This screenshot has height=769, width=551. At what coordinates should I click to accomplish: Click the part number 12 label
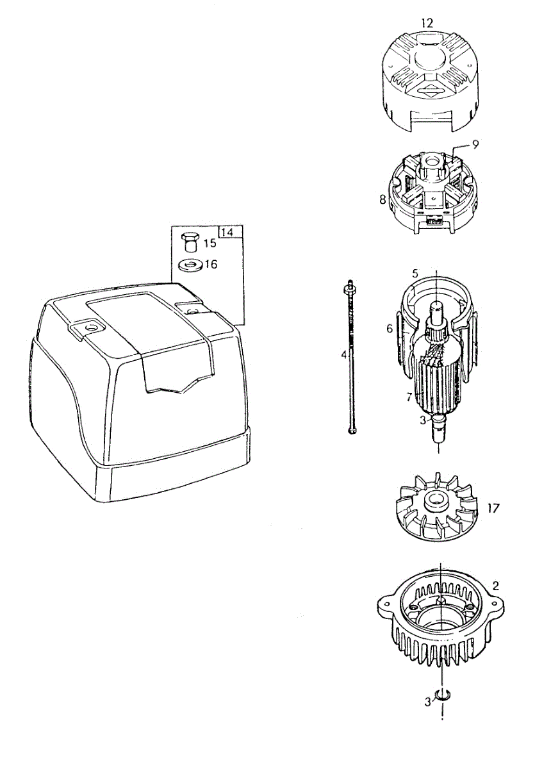(x=427, y=23)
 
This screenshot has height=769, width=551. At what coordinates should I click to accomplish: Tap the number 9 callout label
(x=475, y=145)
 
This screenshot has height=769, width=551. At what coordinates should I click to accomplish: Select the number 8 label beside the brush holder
(x=382, y=199)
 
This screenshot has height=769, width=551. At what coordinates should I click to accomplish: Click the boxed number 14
(x=227, y=232)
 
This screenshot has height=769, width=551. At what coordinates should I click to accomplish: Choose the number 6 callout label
(x=389, y=328)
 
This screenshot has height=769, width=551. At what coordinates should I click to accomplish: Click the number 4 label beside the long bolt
(x=343, y=354)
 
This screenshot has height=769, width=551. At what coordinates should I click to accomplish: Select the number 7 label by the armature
(x=408, y=397)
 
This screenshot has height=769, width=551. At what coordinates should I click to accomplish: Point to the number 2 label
(x=495, y=585)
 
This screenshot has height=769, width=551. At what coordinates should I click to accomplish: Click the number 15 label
(x=210, y=244)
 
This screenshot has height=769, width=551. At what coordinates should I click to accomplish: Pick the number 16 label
(x=211, y=264)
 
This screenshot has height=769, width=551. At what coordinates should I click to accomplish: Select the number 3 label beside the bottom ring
(x=427, y=702)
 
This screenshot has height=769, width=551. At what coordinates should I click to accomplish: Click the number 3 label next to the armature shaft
(x=422, y=421)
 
